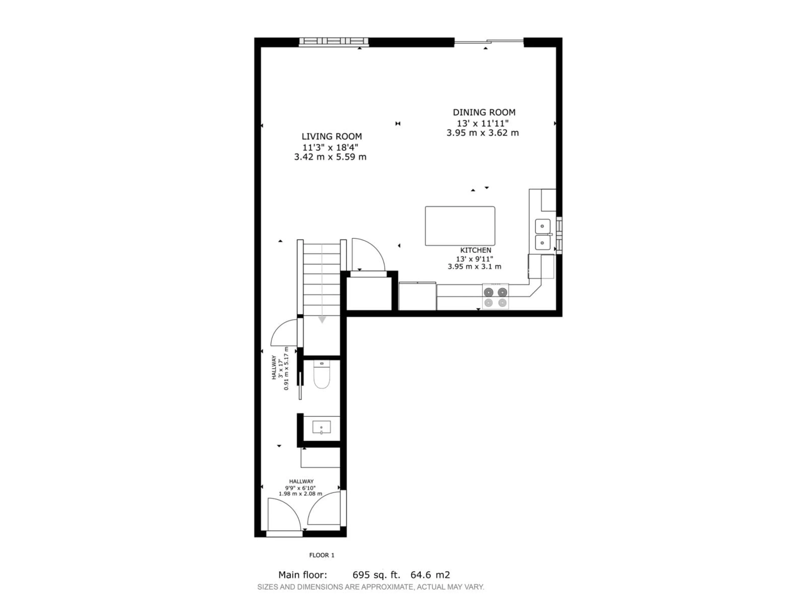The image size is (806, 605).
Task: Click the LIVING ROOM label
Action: [332, 136]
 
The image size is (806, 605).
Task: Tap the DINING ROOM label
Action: [484, 112]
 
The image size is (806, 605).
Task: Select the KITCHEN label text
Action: [475, 250]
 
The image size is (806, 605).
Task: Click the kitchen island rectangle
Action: [460, 226]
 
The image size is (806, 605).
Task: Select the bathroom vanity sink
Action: [321, 427]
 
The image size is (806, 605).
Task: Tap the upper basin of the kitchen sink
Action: [543, 226]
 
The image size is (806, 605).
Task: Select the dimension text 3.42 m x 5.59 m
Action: [330, 157]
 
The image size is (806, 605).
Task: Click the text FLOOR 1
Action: [321, 555]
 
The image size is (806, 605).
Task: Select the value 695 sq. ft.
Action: [376, 575]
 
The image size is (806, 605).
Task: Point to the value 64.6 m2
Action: [430, 575]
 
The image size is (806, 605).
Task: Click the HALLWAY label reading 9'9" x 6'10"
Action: [301, 481]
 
